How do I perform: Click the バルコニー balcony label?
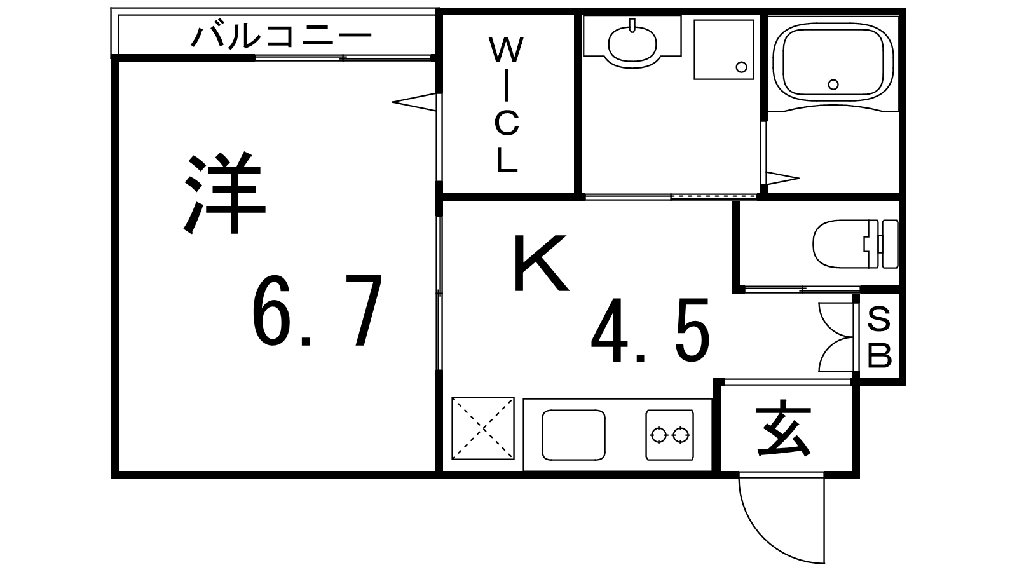click(x=281, y=36)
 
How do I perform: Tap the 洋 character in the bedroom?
click(x=224, y=193)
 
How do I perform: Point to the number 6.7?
click(x=316, y=311)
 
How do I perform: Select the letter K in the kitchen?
click(x=541, y=263)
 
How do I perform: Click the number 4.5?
click(x=650, y=330)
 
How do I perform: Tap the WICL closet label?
click(x=507, y=104)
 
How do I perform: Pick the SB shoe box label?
click(x=880, y=336)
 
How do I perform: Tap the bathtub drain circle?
click(x=833, y=84)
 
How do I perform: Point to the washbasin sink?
click(x=632, y=44)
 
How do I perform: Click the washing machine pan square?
click(x=724, y=50)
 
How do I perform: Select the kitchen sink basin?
click(x=573, y=435)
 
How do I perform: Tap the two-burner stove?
click(x=670, y=435)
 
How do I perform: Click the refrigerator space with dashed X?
click(x=483, y=428)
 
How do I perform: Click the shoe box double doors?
click(x=836, y=337)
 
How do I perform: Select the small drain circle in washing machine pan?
click(x=741, y=67)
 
